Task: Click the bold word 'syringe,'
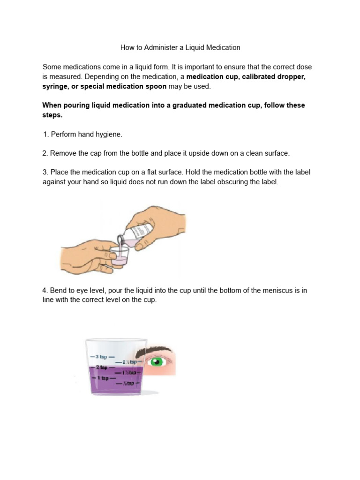tap(57, 86)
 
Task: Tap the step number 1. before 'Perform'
tap(45, 135)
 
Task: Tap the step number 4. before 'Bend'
tap(45, 291)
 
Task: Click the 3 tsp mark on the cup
tap(101, 356)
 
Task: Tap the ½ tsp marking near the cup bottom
tap(128, 383)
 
